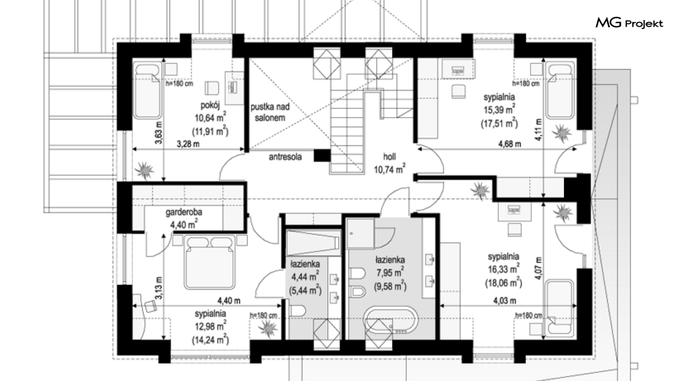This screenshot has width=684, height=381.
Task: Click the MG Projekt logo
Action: (629, 23)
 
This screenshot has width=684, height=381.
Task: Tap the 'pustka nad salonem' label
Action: (270, 112)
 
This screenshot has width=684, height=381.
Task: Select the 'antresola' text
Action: (285, 157)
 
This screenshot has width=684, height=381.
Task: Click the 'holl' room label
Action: (390, 157)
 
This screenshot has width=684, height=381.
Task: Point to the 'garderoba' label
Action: (184, 212)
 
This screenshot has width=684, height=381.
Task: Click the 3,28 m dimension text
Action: (188, 144)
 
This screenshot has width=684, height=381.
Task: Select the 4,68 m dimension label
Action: (510, 144)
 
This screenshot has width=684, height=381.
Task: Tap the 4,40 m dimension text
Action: (228, 301)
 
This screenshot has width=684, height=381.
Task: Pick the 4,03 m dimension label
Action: (505, 301)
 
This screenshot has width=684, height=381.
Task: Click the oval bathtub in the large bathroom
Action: (391, 322)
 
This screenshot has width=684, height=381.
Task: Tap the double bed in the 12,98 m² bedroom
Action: (210, 262)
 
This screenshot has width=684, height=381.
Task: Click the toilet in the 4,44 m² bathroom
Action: (297, 311)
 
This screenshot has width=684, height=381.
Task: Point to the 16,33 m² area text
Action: (503, 269)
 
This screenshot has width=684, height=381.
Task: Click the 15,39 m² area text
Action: (499, 110)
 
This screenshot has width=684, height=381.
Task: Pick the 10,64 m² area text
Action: (210, 118)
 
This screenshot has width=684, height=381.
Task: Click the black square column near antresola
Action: (323, 156)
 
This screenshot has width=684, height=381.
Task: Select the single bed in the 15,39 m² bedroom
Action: (561, 91)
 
